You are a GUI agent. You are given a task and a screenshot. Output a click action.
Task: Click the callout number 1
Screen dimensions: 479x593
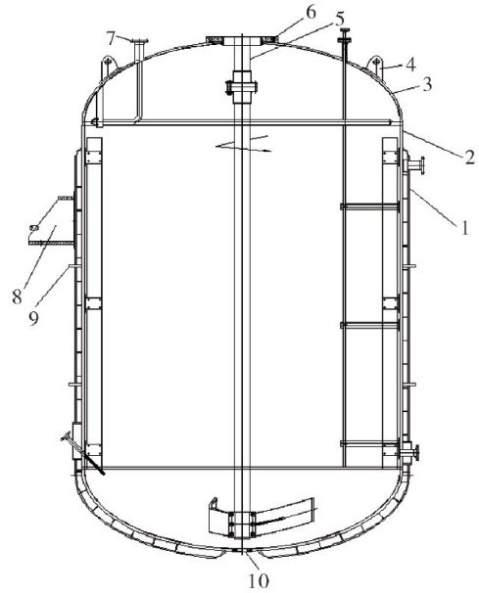tap(464, 228)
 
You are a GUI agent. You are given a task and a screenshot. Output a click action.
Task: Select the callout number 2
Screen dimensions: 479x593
tap(469, 157)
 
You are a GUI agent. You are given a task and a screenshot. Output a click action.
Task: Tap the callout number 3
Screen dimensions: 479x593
tap(427, 84)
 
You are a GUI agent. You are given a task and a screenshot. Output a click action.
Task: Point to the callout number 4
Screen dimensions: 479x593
tap(410, 65)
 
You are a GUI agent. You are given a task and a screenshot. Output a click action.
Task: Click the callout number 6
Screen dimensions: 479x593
tap(311, 12)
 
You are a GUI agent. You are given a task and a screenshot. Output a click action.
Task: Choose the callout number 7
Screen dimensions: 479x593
tap(111, 38)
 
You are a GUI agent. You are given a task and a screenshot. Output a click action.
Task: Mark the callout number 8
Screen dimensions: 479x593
tap(18, 296)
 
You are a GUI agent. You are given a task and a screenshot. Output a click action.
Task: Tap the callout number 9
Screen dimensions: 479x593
tap(33, 318)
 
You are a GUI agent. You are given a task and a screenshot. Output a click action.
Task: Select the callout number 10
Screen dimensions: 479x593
tap(259, 580)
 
